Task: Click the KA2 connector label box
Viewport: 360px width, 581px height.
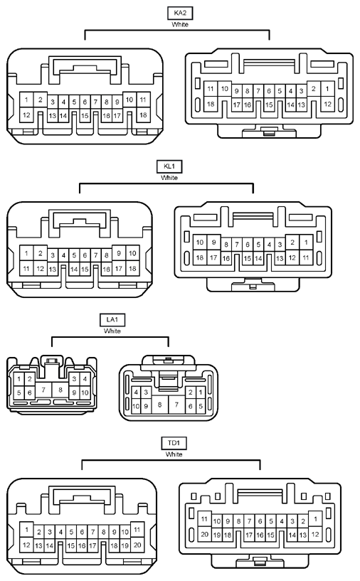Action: pyautogui.click(x=180, y=13)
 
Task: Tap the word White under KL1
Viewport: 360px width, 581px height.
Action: pyautogui.click(x=169, y=178)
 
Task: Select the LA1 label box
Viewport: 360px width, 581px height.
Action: pyautogui.click(x=112, y=320)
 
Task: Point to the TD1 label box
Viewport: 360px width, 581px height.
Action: pyautogui.click(x=174, y=443)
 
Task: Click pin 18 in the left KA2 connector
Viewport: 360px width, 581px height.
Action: pyautogui.click(x=143, y=115)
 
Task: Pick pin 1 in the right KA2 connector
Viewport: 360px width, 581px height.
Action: pyautogui.click(x=327, y=89)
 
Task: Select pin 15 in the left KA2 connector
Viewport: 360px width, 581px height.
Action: pyautogui.click(x=85, y=116)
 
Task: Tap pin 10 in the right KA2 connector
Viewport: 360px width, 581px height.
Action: pyautogui.click(x=224, y=89)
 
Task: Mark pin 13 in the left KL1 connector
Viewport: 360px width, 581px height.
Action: pyautogui.click(x=53, y=269)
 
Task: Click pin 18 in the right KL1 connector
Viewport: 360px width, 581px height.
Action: pyautogui.click(x=200, y=257)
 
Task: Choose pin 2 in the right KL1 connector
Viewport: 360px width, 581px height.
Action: pyautogui.click(x=292, y=242)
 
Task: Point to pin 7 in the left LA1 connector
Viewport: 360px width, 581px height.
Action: pyautogui.click(x=43, y=390)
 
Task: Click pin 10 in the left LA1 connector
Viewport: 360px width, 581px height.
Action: pyautogui.click(x=85, y=393)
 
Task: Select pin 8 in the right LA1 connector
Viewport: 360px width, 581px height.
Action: pyautogui.click(x=160, y=404)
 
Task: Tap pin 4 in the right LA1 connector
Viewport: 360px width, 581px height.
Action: pyautogui.click(x=136, y=392)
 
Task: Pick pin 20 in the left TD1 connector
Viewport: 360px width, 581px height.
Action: pyautogui.click(x=137, y=545)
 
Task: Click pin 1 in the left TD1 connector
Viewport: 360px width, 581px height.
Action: pyautogui.click(x=26, y=530)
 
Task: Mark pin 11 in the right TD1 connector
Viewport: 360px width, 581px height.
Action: pyautogui.click(x=204, y=519)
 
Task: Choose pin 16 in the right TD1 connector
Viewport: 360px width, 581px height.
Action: pyautogui.click(x=260, y=535)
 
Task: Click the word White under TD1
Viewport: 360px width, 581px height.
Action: pyautogui.click(x=174, y=454)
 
